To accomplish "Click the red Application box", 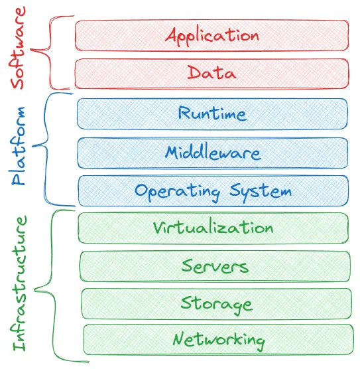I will coord(211,35).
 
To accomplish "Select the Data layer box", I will coord(211,73).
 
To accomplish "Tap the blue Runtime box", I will coord(212,113).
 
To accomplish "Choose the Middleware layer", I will coord(212,153).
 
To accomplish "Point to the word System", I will coord(261,191).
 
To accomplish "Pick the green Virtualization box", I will coord(213,228).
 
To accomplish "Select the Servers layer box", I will coord(215,266).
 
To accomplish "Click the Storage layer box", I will coord(216,303).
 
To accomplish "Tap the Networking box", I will coord(217,340).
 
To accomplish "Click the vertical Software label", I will coord(18,48).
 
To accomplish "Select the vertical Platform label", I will coord(19,146).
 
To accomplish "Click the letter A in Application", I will coord(172,35).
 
